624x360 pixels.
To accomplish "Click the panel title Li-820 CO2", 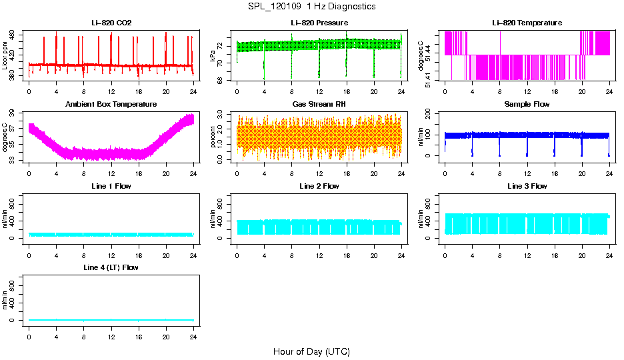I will tap(111, 23).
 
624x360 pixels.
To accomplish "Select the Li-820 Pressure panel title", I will tap(319, 23).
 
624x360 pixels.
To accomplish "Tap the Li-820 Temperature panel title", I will tap(527, 23).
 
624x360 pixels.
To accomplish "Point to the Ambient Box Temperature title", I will tap(111, 104).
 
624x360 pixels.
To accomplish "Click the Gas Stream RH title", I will tap(319, 104).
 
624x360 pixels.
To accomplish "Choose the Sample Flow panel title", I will tap(527, 104).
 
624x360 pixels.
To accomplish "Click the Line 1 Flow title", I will tap(111, 186).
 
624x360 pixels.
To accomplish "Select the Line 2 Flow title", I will tap(319, 186).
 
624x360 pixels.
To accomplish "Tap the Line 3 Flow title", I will tap(527, 186).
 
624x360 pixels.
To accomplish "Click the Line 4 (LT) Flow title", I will tap(111, 267).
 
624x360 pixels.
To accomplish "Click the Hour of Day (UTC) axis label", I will tap(311, 351).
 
